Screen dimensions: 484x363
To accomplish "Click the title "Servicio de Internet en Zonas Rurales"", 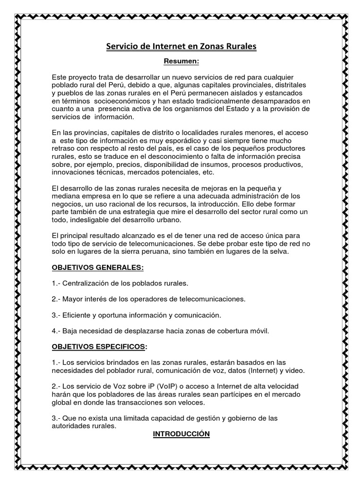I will coord(181,47).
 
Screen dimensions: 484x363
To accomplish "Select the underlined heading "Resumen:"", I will coord(181,61).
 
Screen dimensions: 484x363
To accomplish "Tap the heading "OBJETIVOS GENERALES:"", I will coord(97,268).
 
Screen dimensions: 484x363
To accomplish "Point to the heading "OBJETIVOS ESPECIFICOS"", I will coord(98,347).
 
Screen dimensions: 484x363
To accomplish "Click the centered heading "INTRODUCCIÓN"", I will coord(181,433).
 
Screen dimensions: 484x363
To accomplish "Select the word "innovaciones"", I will coord(72,173).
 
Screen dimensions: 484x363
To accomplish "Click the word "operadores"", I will coord(143,299).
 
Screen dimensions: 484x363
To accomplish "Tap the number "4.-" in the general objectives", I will coord(57,331).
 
